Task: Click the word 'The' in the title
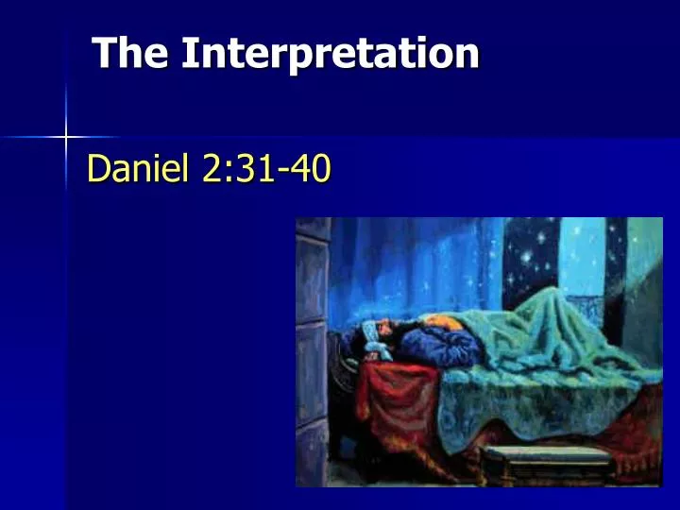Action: (131, 53)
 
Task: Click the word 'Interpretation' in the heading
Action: (330, 55)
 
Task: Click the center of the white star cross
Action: (66, 138)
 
